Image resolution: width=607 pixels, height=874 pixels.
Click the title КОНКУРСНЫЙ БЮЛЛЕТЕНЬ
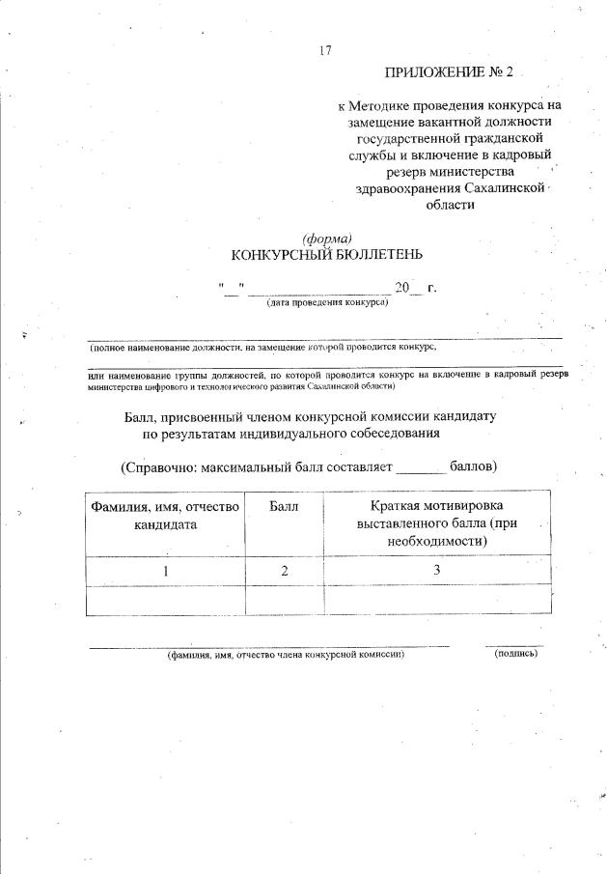click(326, 255)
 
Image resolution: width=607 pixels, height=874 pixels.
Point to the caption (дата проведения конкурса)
click(327, 302)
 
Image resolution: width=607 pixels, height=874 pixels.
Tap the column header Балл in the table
click(284, 506)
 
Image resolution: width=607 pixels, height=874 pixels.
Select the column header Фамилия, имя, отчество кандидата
click(165, 515)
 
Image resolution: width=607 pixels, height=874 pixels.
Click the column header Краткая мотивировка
click(437, 506)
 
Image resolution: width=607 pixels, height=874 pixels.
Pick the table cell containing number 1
click(165, 570)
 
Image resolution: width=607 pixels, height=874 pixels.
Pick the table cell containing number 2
click(285, 570)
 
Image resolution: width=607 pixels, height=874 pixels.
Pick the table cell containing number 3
click(437, 570)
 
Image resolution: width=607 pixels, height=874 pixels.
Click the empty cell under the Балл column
click(285, 600)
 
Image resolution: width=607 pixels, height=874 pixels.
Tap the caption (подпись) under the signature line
click(514, 654)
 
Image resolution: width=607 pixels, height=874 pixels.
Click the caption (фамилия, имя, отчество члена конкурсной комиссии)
click(284, 654)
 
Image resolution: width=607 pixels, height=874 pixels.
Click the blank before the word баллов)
click(422, 466)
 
